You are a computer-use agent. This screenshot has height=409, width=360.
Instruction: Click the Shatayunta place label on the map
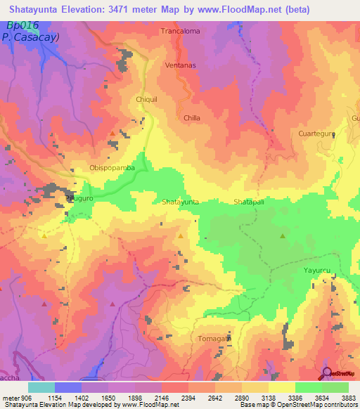181,202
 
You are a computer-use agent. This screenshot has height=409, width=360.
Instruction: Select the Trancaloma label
180,32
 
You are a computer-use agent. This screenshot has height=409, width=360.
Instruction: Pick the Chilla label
192,119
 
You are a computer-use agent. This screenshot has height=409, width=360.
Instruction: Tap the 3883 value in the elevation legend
349,397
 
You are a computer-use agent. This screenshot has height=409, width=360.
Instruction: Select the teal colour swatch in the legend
41,387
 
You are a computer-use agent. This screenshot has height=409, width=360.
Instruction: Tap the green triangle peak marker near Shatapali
283,237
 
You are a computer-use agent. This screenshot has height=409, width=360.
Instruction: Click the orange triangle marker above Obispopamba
112,133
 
